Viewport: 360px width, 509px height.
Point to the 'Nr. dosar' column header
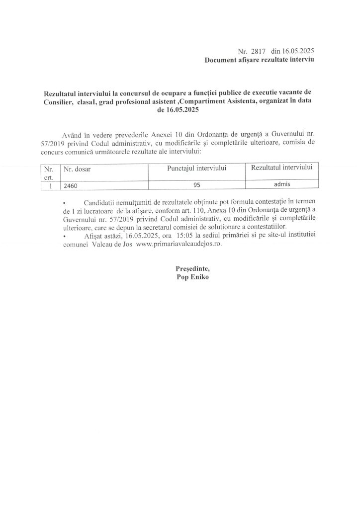tap(75, 170)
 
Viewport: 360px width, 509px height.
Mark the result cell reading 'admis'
tap(281, 184)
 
